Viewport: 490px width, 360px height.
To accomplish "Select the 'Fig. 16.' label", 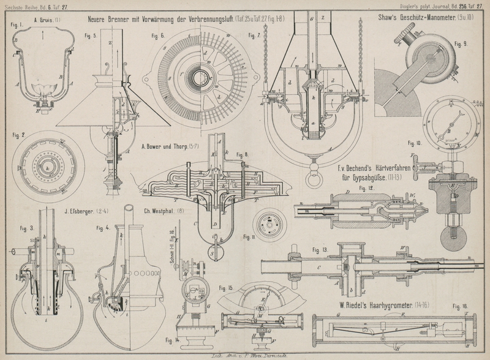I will click(460, 305).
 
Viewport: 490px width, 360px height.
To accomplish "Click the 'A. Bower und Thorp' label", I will click(167, 147).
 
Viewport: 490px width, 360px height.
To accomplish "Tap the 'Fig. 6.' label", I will click(158, 36).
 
